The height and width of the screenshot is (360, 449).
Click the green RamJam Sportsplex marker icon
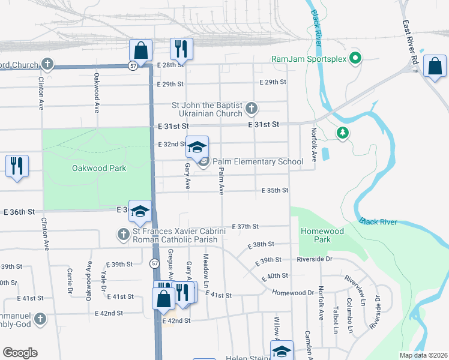(355, 59)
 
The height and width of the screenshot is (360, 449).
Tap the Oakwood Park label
(99, 168)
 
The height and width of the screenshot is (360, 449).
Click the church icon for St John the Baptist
(252, 109)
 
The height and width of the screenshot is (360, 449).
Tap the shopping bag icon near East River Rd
(435, 66)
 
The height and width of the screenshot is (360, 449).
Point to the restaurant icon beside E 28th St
(181, 48)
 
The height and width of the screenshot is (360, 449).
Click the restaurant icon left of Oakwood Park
(17, 165)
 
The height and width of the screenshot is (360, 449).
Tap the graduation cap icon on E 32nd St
(197, 146)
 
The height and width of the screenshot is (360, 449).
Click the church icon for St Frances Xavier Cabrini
(123, 233)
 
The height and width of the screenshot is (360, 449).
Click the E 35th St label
(275, 190)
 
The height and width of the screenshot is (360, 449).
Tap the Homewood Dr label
(293, 292)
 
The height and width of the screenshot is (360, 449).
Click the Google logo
(20, 353)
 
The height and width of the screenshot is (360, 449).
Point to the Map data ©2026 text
(423, 355)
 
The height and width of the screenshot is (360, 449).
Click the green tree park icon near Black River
(342, 133)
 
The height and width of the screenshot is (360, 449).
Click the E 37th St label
(245, 226)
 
